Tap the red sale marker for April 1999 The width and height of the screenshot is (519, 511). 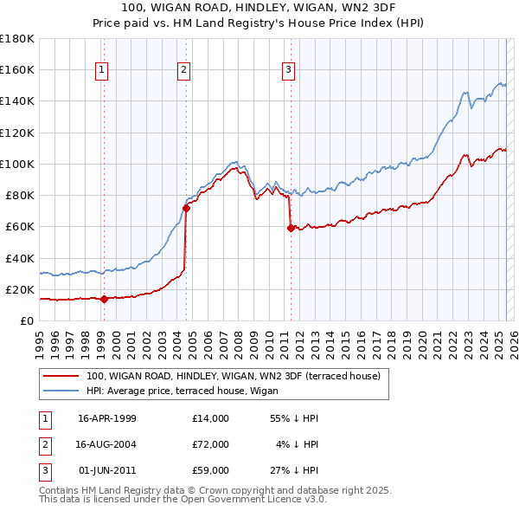click(104, 300)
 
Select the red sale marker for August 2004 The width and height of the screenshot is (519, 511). click(186, 208)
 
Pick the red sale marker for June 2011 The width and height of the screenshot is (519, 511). click(290, 229)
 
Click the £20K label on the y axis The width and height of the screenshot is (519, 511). click(20, 289)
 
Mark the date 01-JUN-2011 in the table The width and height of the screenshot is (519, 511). click(106, 470)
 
